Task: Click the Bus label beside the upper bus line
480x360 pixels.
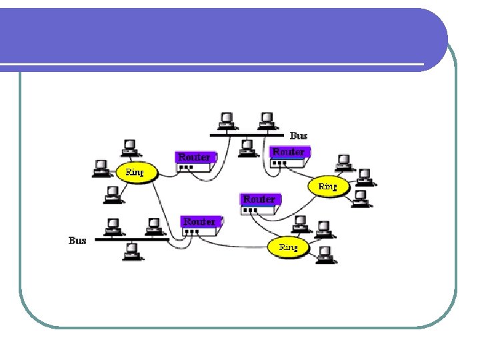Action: [299, 135]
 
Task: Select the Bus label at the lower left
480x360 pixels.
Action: [77, 240]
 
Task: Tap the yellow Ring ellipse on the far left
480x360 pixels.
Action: [134, 171]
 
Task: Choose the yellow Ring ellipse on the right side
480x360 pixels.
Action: [327, 186]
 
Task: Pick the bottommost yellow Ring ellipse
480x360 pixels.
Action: [288, 247]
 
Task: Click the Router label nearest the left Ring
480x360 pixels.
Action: [194, 157]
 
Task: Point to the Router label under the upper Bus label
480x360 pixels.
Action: [288, 152]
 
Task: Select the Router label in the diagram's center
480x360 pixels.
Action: [259, 199]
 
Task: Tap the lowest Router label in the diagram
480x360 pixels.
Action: [199, 221]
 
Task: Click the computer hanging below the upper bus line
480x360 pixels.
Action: [247, 147]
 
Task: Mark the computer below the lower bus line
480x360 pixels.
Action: [131, 251]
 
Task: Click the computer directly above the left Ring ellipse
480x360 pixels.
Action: [129, 147]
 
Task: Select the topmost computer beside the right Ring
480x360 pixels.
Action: [343, 162]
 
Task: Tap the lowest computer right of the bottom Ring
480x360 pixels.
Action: [325, 254]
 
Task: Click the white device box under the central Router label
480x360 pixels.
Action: [259, 210]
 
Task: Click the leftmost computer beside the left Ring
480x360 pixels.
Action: [101, 167]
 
